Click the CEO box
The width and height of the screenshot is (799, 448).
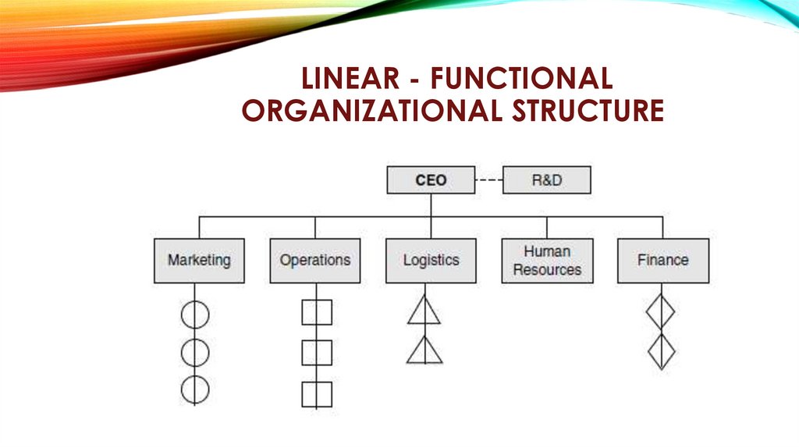point(431,180)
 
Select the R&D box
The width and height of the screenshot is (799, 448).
point(547,180)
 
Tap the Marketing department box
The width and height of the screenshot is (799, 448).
point(199,261)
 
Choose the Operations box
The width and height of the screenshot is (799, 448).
point(315,261)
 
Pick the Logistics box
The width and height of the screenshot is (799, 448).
point(431,261)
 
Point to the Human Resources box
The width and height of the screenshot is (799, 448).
point(547,261)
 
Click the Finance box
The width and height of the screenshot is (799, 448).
point(663,261)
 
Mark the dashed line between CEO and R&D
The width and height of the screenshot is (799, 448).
point(488,180)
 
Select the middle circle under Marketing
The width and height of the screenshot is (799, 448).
point(195,353)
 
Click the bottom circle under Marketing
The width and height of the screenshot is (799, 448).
point(195,389)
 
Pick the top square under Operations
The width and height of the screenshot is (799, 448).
point(317,312)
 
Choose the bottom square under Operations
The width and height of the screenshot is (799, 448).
point(317,394)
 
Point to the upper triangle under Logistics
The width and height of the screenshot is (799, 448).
point(424,311)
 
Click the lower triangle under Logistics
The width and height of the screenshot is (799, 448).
point(424,351)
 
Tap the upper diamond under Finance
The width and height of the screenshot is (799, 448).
point(660,312)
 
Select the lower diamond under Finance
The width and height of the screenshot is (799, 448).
point(661,352)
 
